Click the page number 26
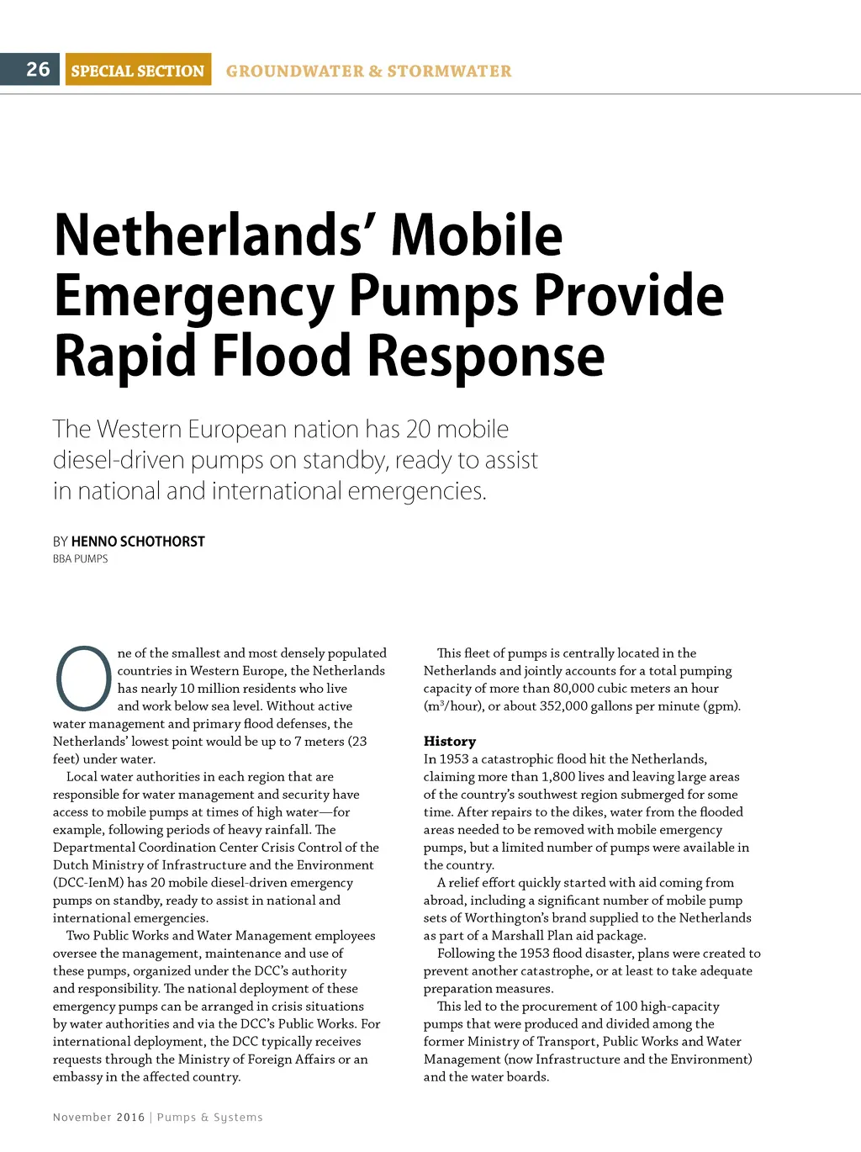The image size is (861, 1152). pos(38,69)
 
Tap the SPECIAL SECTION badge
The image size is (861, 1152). pos(138,71)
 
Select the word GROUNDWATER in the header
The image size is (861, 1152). pos(293,71)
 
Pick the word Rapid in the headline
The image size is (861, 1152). pos(125,357)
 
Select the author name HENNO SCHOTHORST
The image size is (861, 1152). pos(138,541)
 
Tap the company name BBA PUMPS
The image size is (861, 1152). pos(81,559)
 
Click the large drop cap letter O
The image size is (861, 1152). pos(82,678)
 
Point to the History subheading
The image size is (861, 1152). pos(450,742)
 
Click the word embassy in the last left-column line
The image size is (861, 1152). pos(77,1077)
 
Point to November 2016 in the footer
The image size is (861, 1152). pos(99,1118)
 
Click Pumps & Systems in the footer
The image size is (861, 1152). pos(210,1118)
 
